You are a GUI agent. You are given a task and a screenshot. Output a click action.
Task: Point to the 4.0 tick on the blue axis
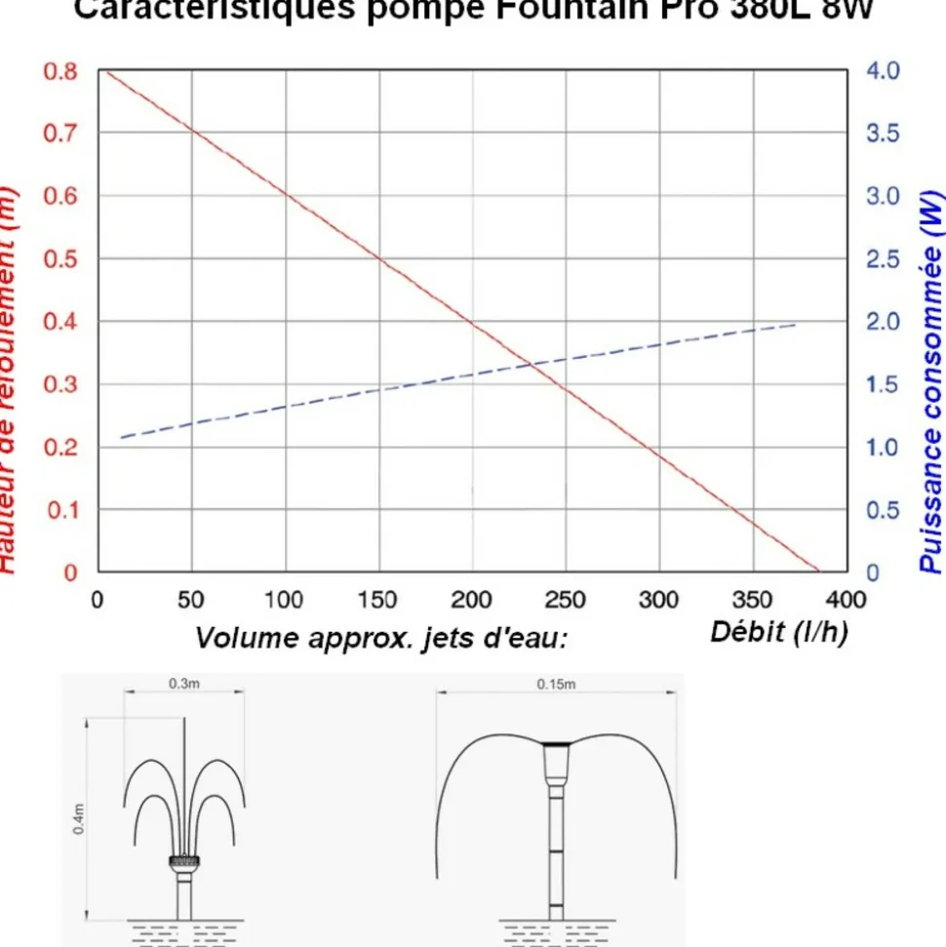click(x=886, y=71)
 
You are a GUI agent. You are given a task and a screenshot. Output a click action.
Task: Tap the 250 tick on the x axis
click(x=566, y=599)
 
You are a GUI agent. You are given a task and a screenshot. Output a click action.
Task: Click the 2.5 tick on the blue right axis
click(x=886, y=258)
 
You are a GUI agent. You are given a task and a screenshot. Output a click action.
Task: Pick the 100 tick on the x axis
click(x=284, y=599)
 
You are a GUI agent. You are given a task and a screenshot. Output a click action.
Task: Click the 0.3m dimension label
click(x=183, y=684)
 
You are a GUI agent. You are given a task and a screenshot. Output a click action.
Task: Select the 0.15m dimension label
click(x=556, y=684)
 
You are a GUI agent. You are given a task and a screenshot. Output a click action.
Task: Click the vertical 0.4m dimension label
click(x=80, y=817)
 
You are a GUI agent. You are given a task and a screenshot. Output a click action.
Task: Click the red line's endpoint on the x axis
click(x=819, y=572)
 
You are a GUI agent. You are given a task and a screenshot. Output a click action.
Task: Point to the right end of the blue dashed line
click(x=796, y=325)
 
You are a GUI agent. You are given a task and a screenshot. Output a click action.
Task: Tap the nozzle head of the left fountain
click(x=184, y=860)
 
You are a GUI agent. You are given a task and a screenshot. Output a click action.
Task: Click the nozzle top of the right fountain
click(x=556, y=745)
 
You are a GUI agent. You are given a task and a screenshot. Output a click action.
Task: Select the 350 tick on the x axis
click(x=752, y=599)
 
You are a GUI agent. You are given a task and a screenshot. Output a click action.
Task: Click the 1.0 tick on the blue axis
click(x=886, y=448)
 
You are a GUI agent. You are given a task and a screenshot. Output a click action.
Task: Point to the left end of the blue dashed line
click(x=121, y=437)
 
